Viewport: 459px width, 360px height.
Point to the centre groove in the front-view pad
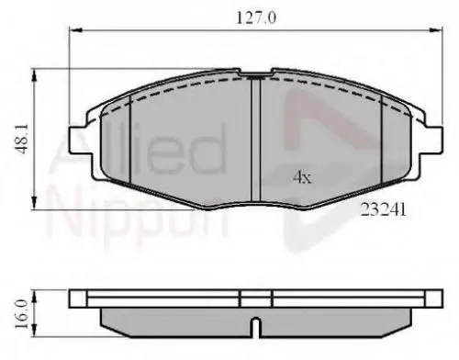point(255,138)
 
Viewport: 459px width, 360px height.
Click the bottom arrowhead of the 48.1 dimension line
point(34,207)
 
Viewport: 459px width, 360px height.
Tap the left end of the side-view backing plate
point(73,299)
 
